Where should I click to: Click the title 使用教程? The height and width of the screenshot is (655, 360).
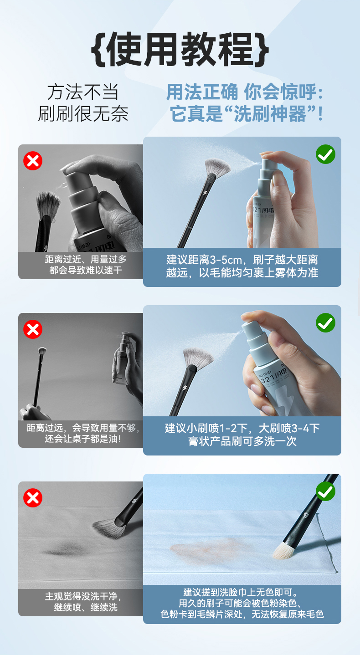click(x=180, y=50)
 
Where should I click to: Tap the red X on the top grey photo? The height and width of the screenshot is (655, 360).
click(x=33, y=161)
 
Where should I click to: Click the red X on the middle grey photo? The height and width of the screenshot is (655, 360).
click(x=33, y=329)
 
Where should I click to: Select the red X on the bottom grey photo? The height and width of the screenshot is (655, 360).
click(x=33, y=498)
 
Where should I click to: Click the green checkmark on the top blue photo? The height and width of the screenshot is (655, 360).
click(x=325, y=154)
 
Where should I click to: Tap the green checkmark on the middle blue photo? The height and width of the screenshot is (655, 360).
click(x=325, y=323)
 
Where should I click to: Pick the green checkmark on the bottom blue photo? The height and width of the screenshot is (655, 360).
click(x=325, y=491)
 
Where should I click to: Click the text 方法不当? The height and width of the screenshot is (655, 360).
click(x=83, y=92)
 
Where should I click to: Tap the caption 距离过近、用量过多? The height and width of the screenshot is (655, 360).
click(x=86, y=259)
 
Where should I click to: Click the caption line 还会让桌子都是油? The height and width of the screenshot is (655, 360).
click(x=83, y=439)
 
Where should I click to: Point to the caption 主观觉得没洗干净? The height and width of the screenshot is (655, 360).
click(x=83, y=596)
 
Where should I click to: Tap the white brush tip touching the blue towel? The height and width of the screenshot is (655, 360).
click(x=283, y=550)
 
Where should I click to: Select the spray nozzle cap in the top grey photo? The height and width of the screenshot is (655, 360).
click(x=80, y=191)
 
